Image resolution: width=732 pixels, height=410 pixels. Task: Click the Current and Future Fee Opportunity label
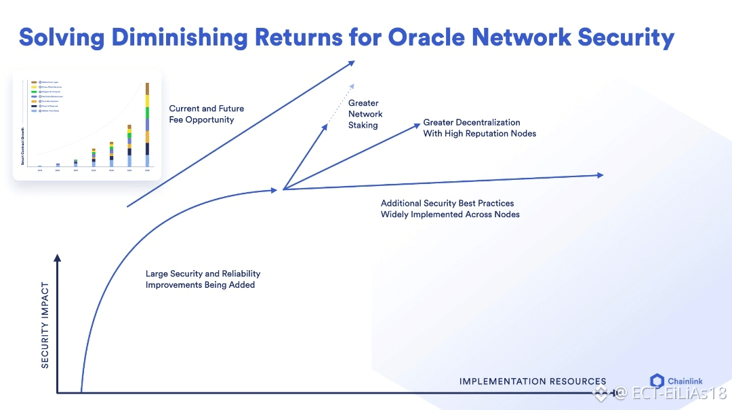coord(206,114)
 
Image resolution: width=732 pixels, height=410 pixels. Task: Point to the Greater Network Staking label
coord(365,114)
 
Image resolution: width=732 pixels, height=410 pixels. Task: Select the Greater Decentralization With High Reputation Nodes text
coord(479,128)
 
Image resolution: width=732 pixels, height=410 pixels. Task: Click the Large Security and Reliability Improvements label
coord(203,279)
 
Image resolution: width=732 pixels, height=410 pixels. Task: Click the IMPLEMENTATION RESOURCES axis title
coord(533,381)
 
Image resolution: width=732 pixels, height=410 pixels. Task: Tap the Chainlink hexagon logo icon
coord(657,381)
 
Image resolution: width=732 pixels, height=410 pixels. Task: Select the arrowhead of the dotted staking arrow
coord(351,86)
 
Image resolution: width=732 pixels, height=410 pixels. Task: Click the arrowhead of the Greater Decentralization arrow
coord(415,125)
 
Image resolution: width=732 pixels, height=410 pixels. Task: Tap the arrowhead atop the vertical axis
coord(58,258)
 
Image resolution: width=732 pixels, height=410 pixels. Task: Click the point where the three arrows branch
coord(283,189)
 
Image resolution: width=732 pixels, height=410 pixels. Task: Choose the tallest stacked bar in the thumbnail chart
coord(147,125)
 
